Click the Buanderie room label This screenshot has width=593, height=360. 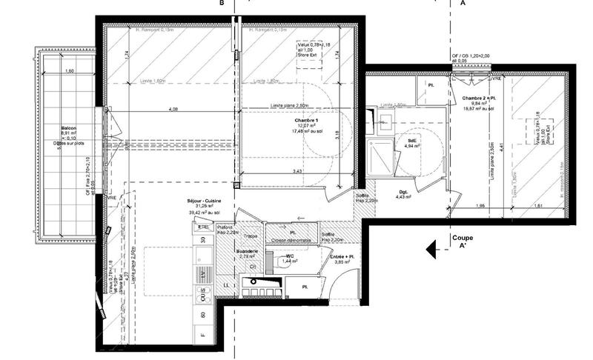coord(246,251)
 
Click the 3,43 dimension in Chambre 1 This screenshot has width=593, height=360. coord(296,172)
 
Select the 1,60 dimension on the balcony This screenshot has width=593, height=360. coord(70,71)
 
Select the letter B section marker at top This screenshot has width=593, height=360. coord(219,4)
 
